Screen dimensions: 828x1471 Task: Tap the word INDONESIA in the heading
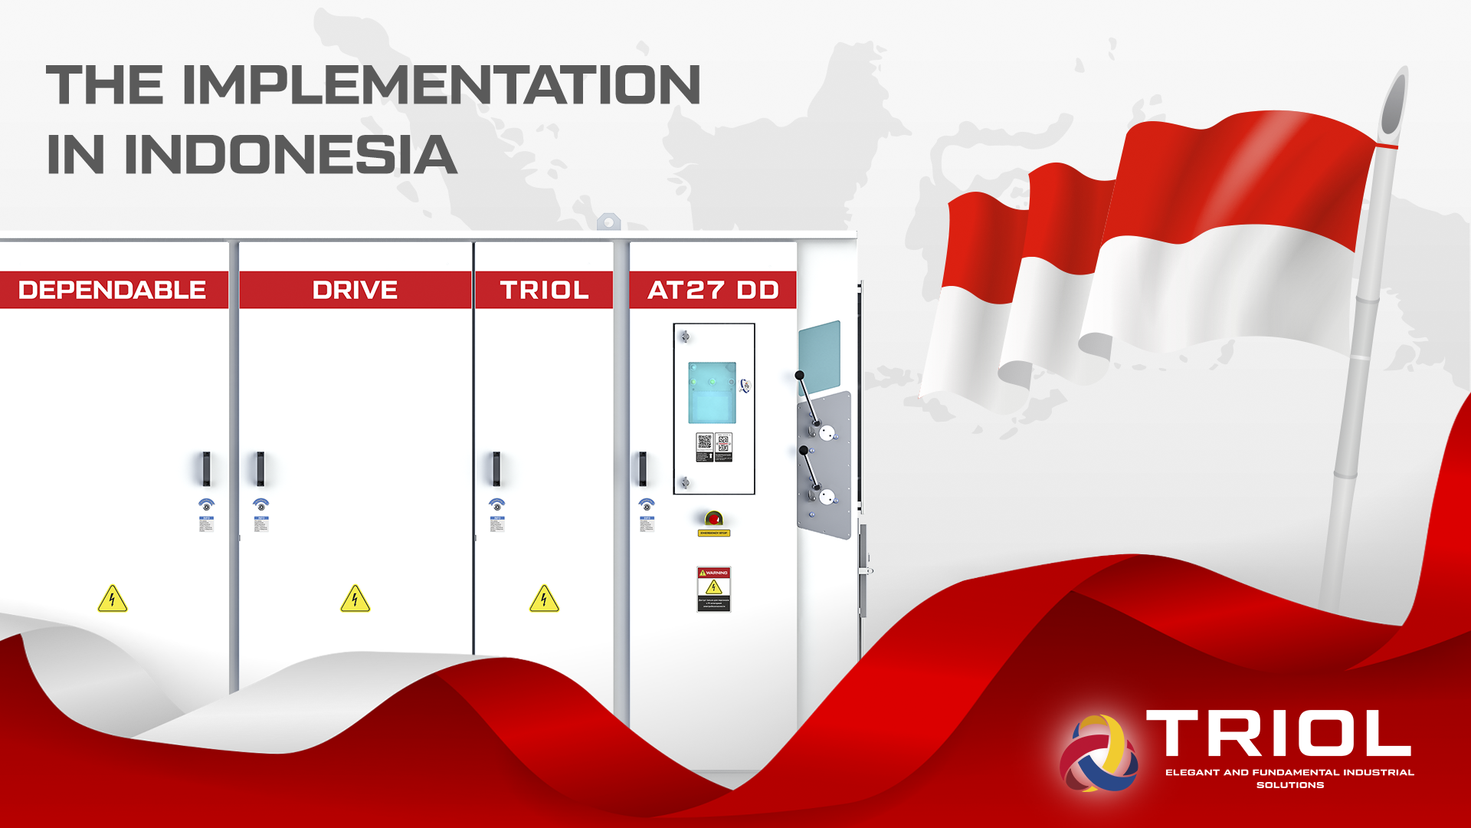tap(290, 154)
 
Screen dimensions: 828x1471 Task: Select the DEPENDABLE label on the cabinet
tap(112, 290)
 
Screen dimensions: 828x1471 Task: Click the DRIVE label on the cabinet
tap(355, 290)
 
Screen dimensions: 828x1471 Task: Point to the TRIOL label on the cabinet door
tap(544, 290)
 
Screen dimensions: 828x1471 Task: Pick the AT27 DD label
tap(713, 290)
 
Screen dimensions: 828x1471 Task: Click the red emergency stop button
tap(713, 518)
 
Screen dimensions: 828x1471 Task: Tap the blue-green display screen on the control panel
tap(712, 393)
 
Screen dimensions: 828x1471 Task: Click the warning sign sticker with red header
tap(713, 589)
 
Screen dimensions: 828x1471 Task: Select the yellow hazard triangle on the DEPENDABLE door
tap(113, 600)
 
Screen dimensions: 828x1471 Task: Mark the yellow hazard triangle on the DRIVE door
tap(355, 600)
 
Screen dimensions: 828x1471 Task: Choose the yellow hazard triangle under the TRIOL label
tap(544, 600)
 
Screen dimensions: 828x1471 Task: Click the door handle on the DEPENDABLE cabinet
tap(206, 468)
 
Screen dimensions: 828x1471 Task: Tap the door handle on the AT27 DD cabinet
tap(643, 468)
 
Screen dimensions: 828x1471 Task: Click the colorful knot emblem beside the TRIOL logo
tap(1098, 753)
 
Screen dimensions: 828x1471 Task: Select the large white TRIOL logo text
tap(1278, 734)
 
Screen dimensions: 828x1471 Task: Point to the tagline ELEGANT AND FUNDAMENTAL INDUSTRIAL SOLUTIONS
tap(1289, 778)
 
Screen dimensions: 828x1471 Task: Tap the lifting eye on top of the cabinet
tap(608, 222)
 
